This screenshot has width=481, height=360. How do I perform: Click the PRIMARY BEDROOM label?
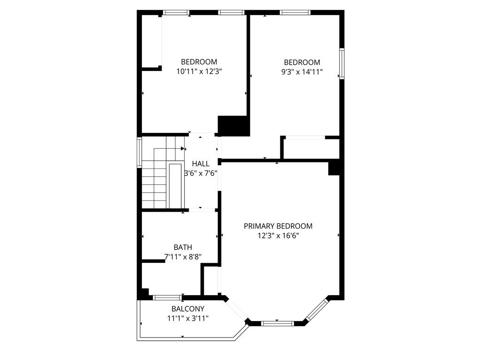(278, 226)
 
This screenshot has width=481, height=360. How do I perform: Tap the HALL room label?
(201, 163)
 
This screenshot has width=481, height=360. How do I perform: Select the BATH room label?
(183, 247)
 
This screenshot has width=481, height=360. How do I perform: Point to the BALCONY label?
(188, 309)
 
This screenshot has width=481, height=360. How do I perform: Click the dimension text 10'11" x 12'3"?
(199, 71)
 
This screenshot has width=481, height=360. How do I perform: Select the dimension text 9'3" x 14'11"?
(302, 72)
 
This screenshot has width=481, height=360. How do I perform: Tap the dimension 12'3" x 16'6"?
(278, 236)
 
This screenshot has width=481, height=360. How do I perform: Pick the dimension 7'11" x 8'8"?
(183, 257)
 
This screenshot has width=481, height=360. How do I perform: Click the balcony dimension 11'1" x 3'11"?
(188, 319)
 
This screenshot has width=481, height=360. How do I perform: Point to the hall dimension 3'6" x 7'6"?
(201, 173)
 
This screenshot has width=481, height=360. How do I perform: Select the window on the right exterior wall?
(342, 63)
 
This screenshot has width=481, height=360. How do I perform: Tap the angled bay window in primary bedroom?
(318, 310)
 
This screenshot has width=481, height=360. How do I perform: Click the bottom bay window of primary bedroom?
(277, 323)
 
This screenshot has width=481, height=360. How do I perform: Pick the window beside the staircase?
(139, 153)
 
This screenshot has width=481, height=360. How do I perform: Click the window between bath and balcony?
(168, 298)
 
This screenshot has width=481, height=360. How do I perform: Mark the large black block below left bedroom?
(233, 126)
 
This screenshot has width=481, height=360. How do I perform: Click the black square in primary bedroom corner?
(334, 169)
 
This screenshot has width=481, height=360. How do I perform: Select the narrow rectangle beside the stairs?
(175, 186)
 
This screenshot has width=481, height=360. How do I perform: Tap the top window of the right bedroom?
(295, 13)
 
